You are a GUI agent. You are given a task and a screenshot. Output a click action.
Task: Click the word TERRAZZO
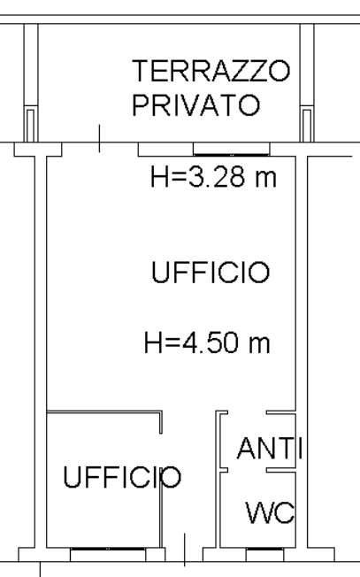(x=211, y=71)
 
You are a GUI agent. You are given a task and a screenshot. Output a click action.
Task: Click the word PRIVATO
(x=196, y=105)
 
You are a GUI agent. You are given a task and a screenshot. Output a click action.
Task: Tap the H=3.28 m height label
(x=213, y=177)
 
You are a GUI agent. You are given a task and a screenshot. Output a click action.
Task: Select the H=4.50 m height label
(x=206, y=342)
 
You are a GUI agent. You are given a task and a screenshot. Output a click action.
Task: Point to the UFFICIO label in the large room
(x=210, y=273)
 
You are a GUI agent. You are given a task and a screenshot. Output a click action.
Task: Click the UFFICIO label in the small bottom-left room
(x=122, y=478)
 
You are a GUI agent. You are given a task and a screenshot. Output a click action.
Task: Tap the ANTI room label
(x=269, y=450)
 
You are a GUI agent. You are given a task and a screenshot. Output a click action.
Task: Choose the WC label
(x=269, y=512)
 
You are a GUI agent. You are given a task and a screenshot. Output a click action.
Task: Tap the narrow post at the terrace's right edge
(x=308, y=124)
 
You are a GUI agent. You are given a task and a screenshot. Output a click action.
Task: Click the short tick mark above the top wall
(x=99, y=137)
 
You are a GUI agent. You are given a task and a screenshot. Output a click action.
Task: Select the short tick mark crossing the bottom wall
(x=184, y=549)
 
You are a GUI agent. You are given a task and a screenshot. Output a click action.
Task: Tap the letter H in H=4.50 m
(x=152, y=342)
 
